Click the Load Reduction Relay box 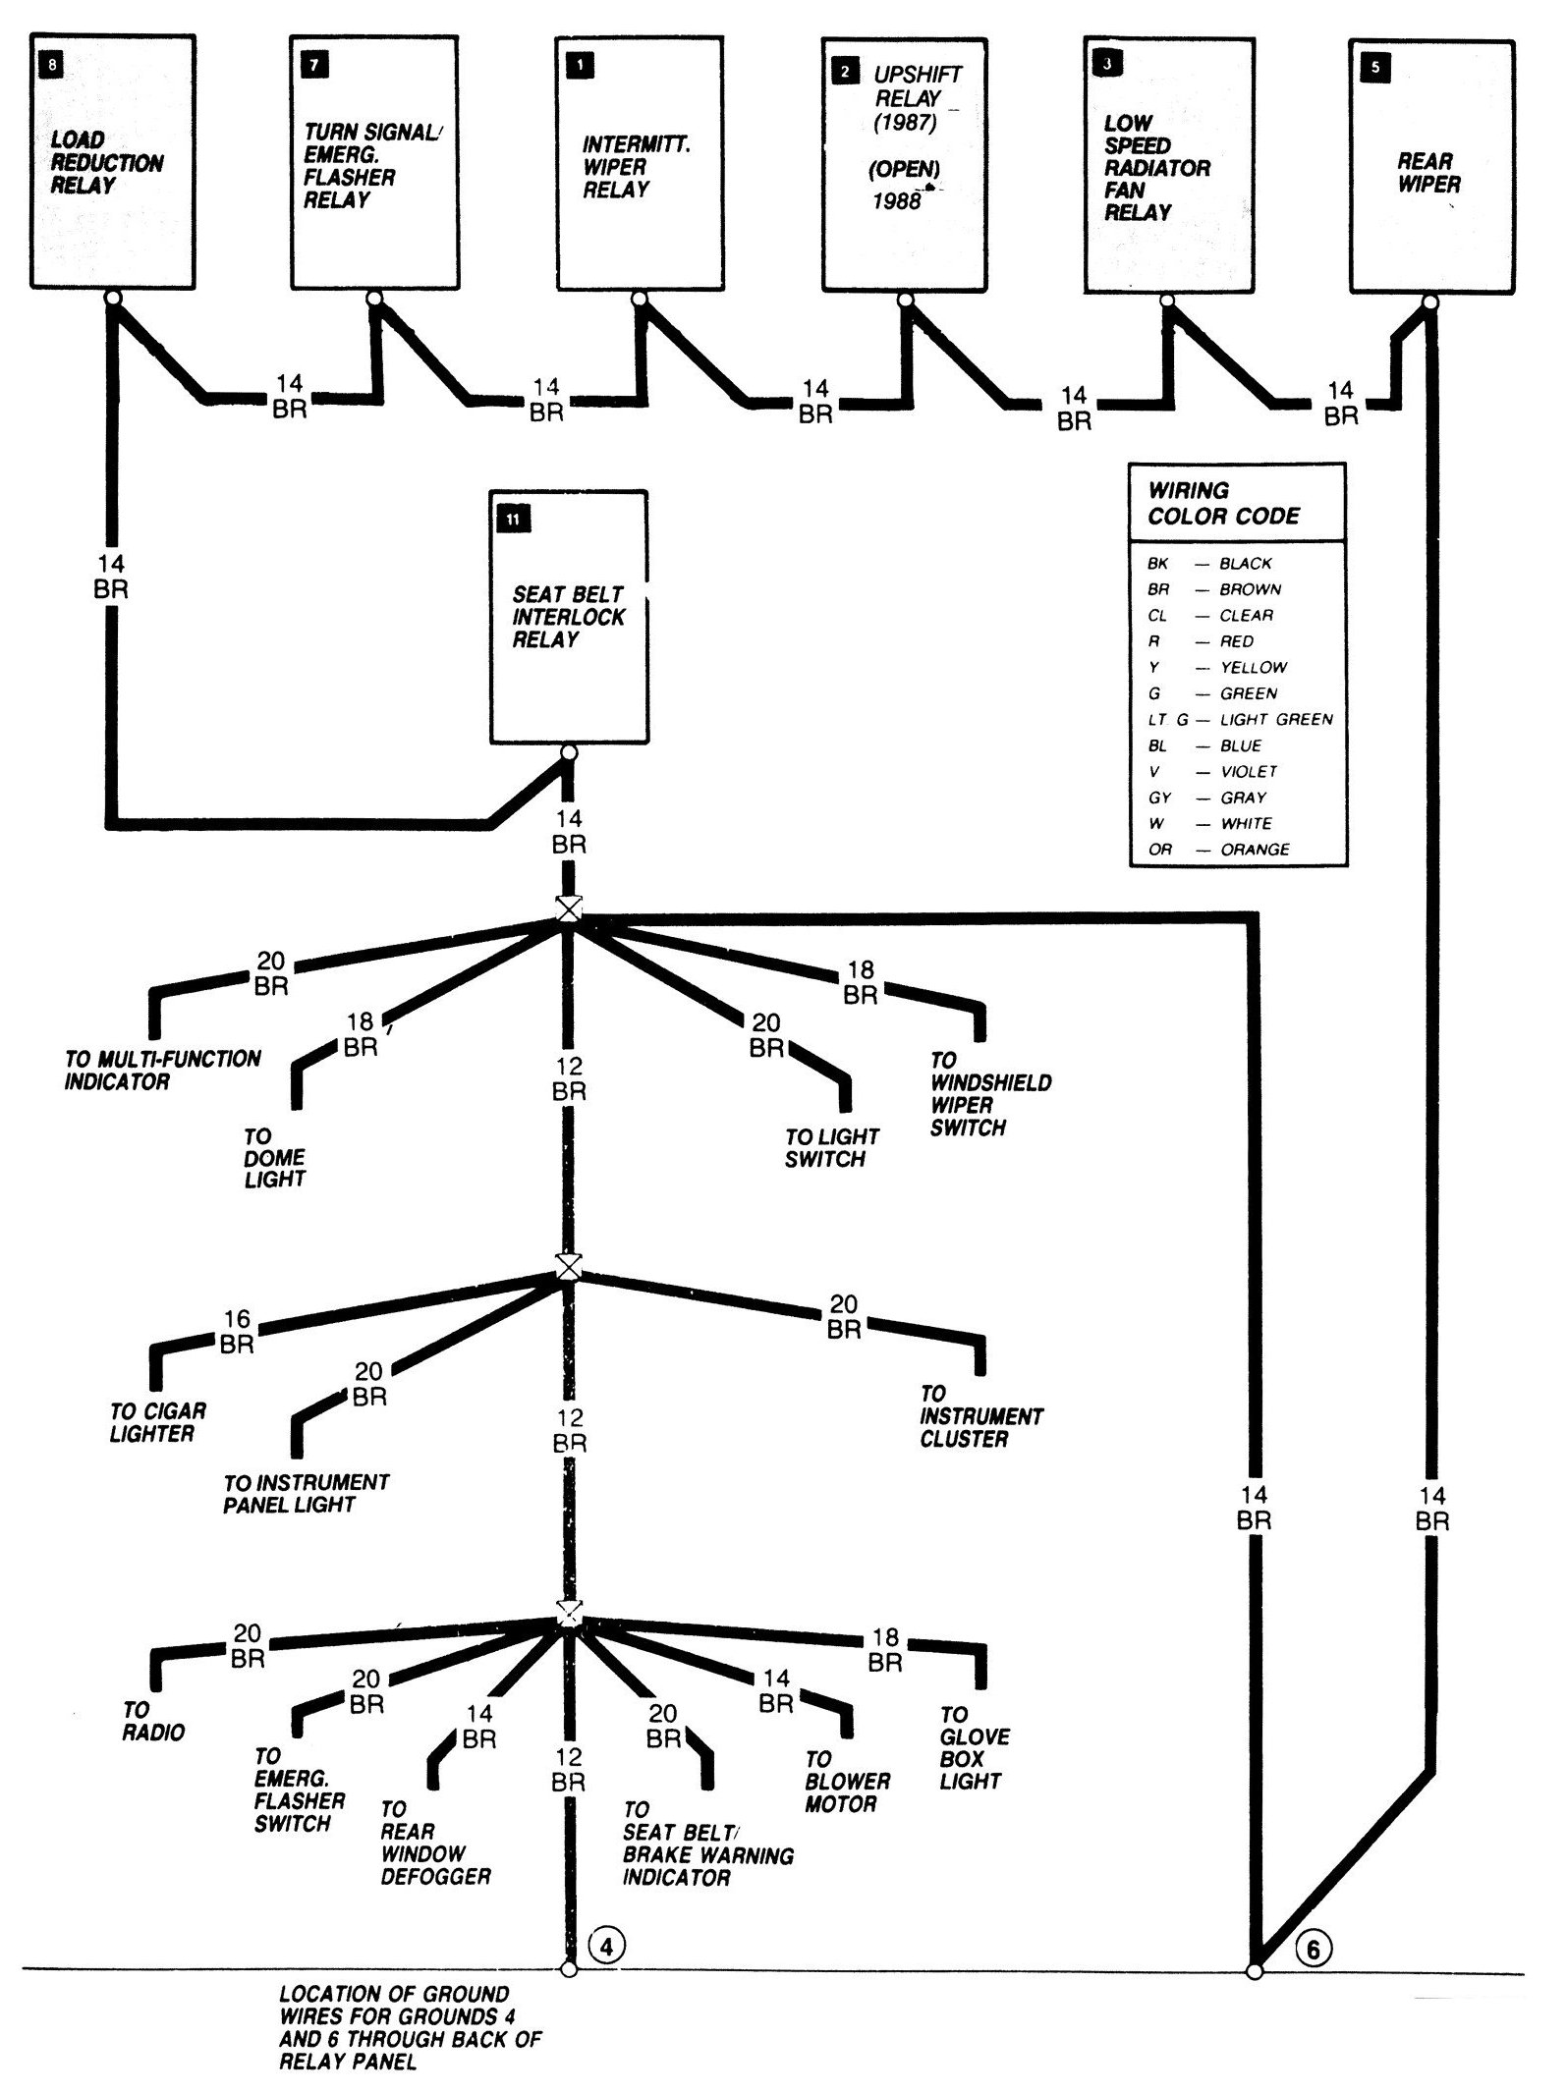tap(113, 162)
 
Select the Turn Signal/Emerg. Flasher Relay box tap(374, 164)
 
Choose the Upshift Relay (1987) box tap(904, 164)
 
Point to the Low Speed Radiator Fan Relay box tap(1169, 165)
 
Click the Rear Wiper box tap(1430, 167)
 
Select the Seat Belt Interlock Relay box tap(569, 616)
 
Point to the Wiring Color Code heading tap(1223, 503)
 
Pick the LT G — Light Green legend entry tap(1240, 719)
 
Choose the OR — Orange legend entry tap(1219, 849)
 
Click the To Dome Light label tap(274, 1158)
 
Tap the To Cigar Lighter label tap(157, 1422)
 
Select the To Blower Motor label tap(847, 1782)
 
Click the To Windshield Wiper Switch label tap(990, 1094)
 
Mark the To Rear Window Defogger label tap(435, 1843)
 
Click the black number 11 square tap(514, 519)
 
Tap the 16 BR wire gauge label tap(237, 1331)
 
